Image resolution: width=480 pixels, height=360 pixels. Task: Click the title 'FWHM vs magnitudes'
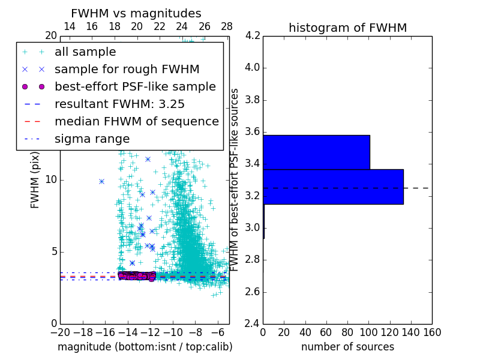click(x=136, y=13)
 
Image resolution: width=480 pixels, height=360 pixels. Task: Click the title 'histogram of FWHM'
click(x=347, y=28)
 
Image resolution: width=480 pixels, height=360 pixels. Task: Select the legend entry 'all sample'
click(x=85, y=52)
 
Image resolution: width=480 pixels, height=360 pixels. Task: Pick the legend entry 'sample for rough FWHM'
click(x=127, y=69)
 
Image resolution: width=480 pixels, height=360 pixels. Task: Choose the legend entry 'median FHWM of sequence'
click(x=137, y=121)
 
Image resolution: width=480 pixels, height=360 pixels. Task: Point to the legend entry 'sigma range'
click(x=92, y=139)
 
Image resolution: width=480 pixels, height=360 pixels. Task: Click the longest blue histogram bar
click(x=333, y=187)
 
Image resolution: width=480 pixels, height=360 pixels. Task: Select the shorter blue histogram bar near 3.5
click(x=316, y=152)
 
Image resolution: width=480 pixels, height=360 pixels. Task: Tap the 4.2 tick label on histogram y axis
click(x=252, y=35)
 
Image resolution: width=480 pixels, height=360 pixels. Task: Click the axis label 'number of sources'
click(x=347, y=347)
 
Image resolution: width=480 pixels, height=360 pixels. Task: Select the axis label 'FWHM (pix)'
click(x=35, y=179)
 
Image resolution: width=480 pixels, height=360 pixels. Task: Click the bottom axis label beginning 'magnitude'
click(x=145, y=347)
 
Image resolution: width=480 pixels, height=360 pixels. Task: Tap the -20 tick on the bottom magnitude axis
click(x=60, y=332)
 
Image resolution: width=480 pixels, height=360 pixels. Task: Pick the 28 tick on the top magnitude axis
click(x=227, y=26)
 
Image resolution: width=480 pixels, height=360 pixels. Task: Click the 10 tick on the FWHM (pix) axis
click(x=52, y=179)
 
